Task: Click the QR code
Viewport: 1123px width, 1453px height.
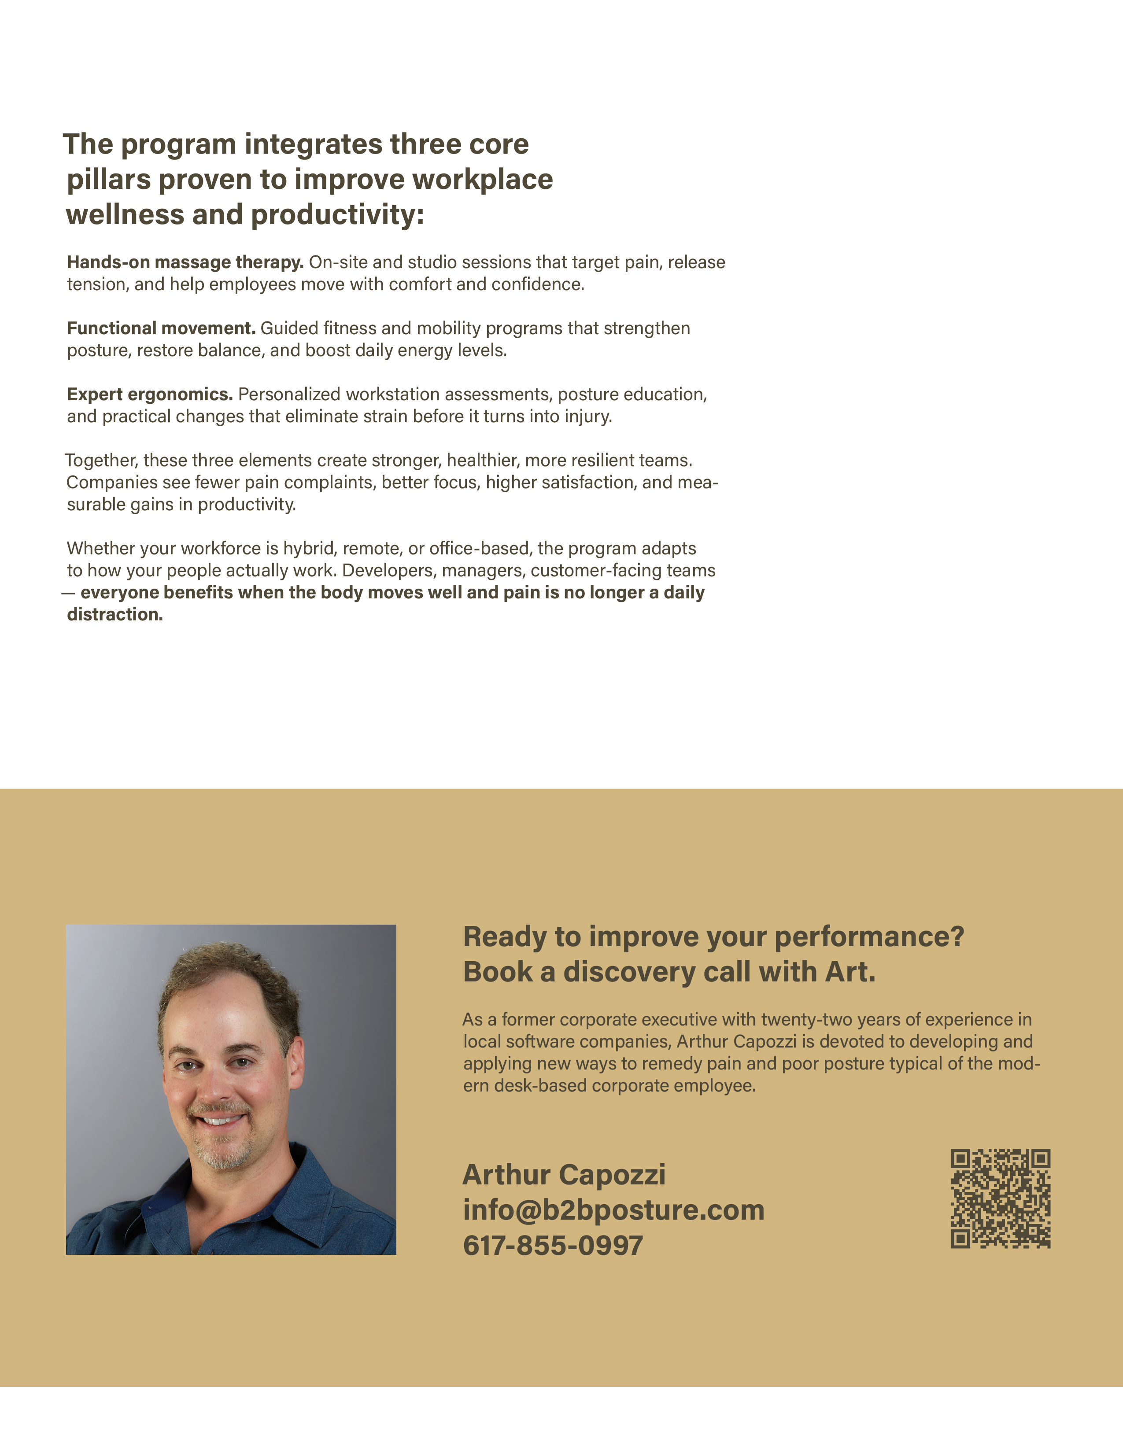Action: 1000,1198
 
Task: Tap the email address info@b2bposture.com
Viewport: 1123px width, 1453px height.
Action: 613,1210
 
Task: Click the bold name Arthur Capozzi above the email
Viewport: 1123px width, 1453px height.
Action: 564,1175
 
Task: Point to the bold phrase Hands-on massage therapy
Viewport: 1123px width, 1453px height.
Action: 185,262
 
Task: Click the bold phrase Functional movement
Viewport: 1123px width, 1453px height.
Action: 161,328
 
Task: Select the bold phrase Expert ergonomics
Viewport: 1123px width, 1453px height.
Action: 150,395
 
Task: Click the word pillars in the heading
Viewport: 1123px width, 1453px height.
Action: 108,180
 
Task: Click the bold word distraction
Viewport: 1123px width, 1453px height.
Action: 115,614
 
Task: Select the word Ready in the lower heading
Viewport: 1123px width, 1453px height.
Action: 504,937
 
